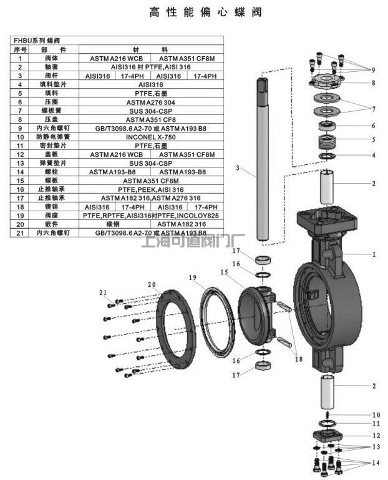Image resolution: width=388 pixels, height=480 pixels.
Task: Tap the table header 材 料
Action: point(151,49)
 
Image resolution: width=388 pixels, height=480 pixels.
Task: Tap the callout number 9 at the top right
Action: point(373,69)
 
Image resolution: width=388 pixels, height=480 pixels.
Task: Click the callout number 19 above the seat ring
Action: point(193,277)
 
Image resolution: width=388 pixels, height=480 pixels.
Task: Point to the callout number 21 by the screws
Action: point(103,292)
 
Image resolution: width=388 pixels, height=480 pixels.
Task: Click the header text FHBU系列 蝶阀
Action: point(37,40)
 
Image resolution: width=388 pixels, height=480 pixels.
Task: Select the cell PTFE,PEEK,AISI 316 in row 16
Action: point(151,189)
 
